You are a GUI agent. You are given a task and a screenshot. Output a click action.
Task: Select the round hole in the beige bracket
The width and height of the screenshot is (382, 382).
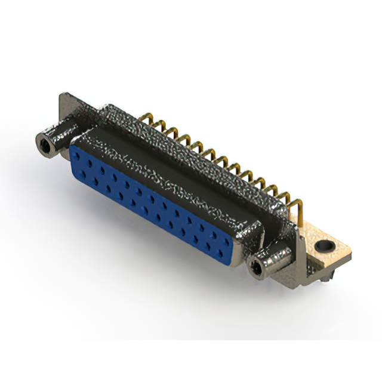[x=326, y=245]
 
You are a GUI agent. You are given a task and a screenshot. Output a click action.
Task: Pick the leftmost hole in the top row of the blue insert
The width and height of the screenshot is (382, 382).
[x=81, y=153]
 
